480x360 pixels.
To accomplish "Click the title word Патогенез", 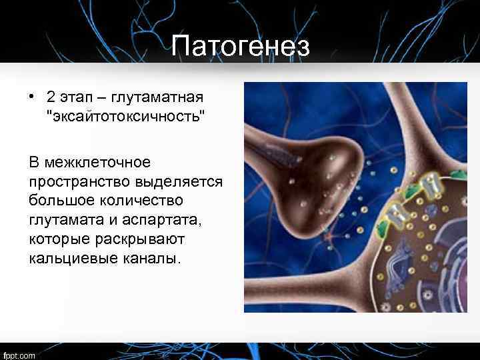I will [240, 46].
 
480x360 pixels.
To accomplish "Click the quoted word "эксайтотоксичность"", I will [125, 117].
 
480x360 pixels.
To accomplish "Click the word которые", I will [59, 238].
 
